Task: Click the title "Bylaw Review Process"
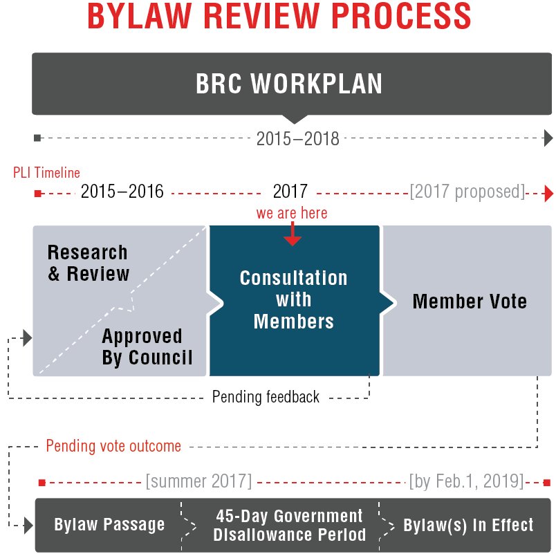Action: pos(279,17)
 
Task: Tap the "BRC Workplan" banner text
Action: pos(289,84)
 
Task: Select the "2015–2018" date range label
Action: pos(297,138)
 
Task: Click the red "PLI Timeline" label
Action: pos(46,173)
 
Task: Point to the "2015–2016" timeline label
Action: pos(122,192)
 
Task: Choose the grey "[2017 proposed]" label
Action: pos(467,192)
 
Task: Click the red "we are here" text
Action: pos(292,213)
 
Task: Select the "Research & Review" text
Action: pos(88,263)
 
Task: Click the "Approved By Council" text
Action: pos(147,347)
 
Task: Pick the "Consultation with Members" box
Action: pos(294,299)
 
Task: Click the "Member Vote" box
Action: pos(470,302)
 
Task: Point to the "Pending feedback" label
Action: pos(266,397)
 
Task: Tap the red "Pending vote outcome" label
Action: pos(113,446)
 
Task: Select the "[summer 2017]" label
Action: pos(198,481)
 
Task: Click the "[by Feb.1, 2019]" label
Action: pos(466,481)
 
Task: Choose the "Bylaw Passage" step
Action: pos(109,525)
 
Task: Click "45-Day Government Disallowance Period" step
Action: pos(289,526)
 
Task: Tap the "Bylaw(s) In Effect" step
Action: pos(468,525)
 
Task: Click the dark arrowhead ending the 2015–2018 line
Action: pos(548,138)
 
